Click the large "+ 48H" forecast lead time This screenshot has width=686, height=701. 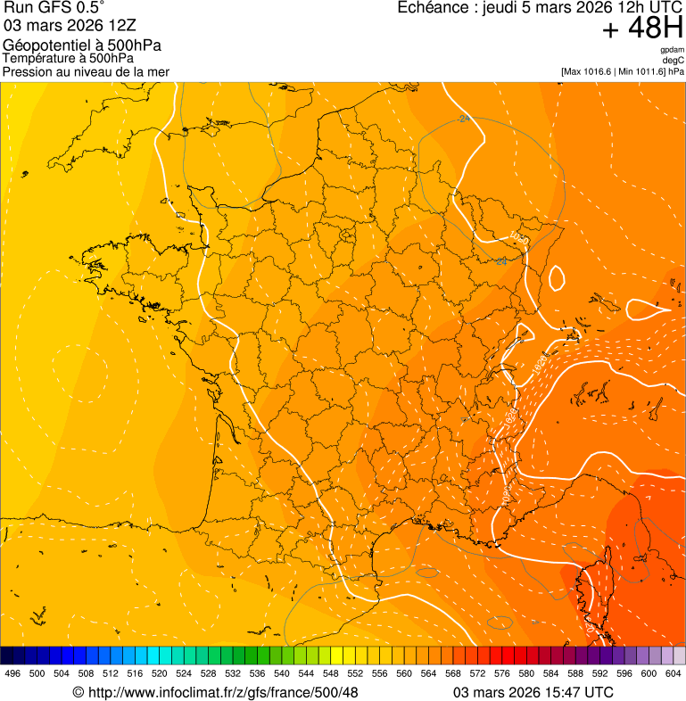click(x=642, y=29)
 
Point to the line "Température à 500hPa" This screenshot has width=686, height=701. click(x=69, y=59)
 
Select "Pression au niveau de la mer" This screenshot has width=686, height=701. click(x=86, y=71)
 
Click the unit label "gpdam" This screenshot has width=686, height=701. click(x=672, y=50)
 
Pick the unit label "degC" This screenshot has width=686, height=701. click(x=674, y=60)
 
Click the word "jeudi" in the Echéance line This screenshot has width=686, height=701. click(x=501, y=9)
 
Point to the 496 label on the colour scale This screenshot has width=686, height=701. click(x=12, y=674)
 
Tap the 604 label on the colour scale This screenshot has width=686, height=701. click(x=674, y=674)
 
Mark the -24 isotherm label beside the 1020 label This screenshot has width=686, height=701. click(x=501, y=261)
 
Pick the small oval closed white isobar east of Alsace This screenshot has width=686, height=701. click(x=556, y=277)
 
